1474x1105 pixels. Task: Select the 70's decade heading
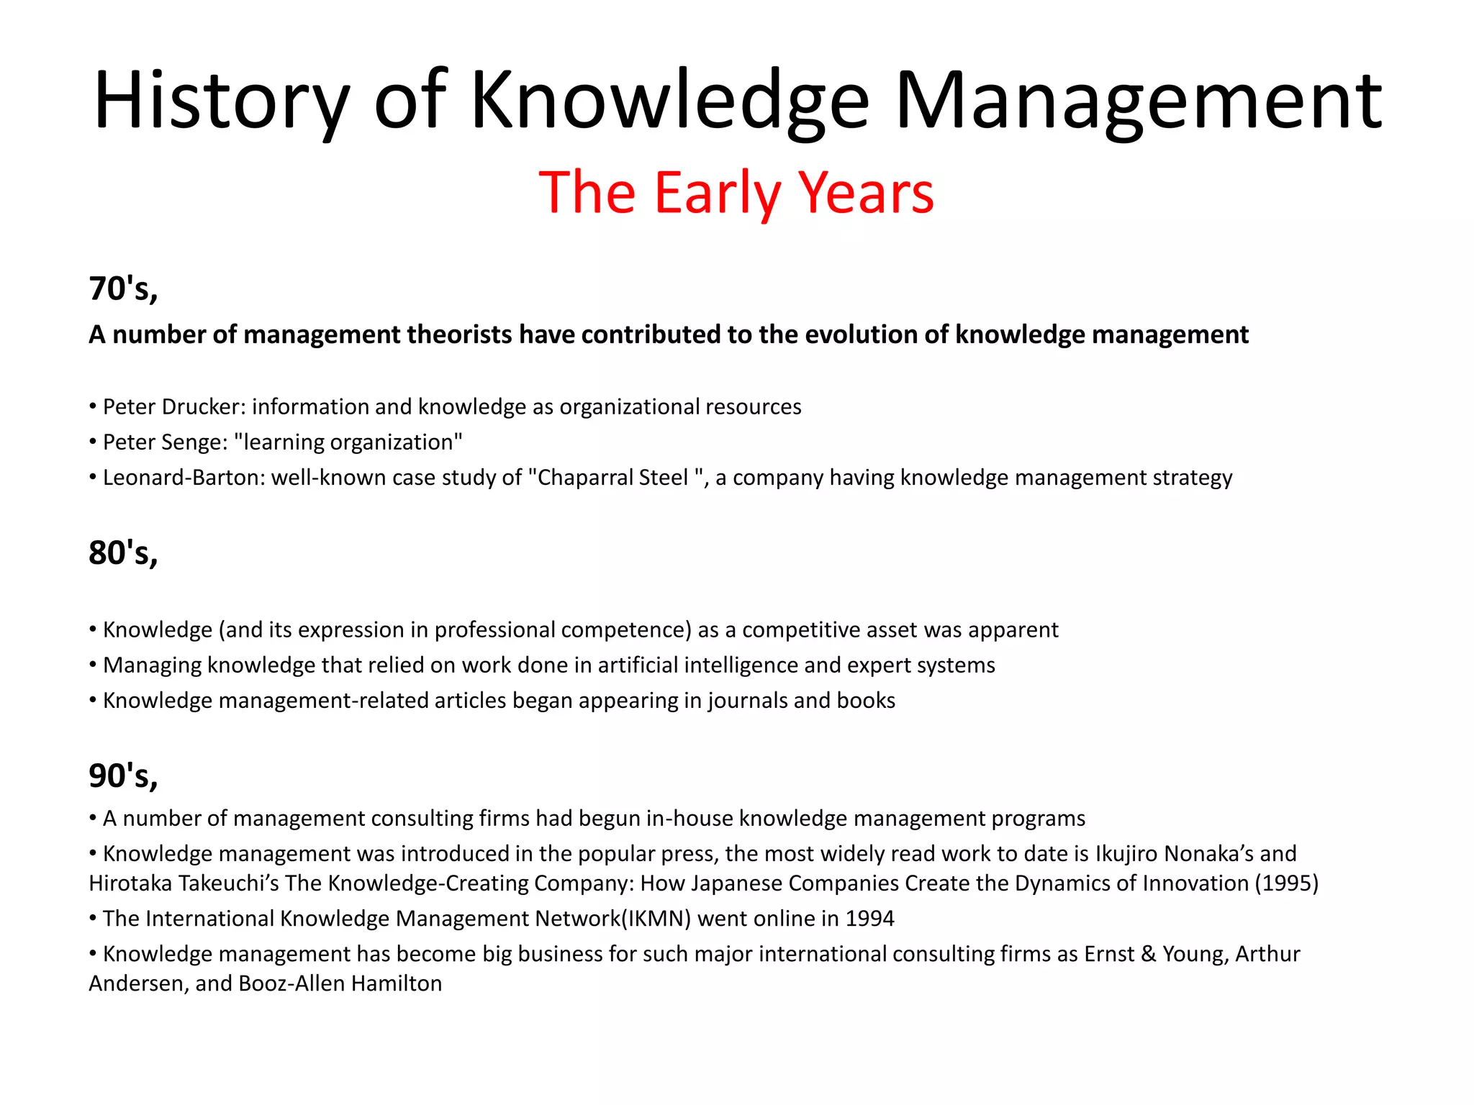(123, 288)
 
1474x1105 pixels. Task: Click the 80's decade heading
(123, 553)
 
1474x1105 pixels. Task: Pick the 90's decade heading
(123, 776)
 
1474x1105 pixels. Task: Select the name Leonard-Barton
(183, 477)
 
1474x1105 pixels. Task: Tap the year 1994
(869, 919)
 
